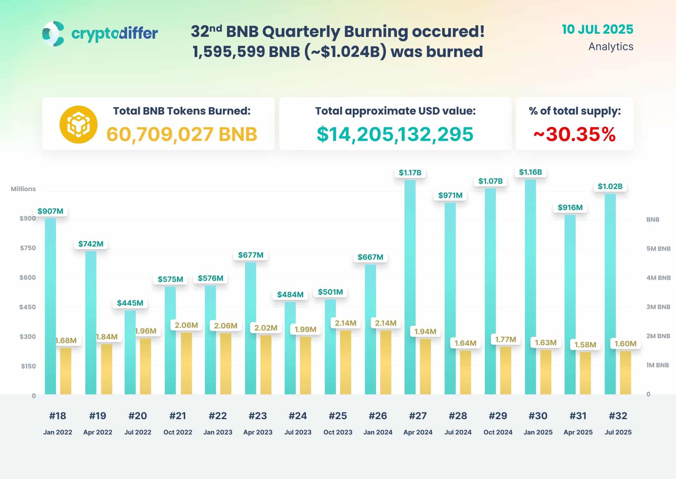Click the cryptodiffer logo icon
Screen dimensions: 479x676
53,34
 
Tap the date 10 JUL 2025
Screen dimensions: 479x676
597,30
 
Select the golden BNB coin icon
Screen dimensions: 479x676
78,125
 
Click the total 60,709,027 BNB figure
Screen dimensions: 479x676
182,134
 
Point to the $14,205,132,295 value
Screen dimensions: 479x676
395,134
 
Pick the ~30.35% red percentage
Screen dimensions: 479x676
575,134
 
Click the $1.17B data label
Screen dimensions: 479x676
410,172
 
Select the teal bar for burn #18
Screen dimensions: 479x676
50,306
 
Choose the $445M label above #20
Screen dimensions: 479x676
130,303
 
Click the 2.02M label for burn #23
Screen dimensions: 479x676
266,328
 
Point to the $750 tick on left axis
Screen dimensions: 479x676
28,248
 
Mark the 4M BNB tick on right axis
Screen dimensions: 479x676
658,278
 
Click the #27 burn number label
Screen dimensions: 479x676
418,416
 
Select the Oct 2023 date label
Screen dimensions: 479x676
338,432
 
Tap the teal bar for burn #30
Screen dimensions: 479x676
530,287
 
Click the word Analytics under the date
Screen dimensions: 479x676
611,46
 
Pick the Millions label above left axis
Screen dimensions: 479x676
23,189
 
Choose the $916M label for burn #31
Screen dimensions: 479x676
570,207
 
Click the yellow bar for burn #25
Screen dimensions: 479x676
345,363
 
